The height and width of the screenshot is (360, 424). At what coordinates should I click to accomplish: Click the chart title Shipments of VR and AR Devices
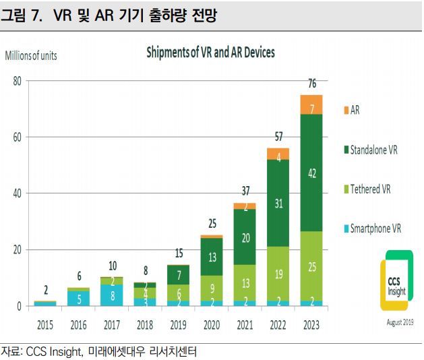(x=210, y=52)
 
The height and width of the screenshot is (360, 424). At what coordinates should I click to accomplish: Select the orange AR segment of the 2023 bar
(x=311, y=105)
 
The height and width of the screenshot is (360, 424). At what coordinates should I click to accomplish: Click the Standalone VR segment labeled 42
(x=311, y=173)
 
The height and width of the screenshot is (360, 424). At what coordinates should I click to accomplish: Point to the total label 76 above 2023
(x=312, y=84)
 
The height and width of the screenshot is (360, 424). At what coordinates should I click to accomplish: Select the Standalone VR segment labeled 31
(x=278, y=202)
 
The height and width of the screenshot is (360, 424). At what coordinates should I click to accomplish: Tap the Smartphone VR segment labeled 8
(x=112, y=294)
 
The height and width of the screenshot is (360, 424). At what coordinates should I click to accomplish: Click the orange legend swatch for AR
(x=346, y=110)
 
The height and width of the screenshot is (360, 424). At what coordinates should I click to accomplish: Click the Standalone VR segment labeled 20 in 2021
(x=245, y=237)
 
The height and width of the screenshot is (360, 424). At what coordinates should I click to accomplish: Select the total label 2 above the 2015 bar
(x=45, y=291)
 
